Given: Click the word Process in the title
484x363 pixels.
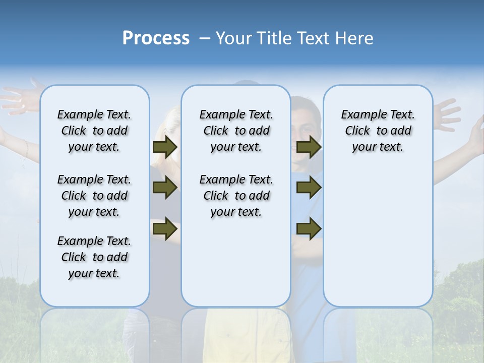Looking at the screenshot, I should [x=156, y=38].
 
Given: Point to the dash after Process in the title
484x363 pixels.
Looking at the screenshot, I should [x=205, y=39].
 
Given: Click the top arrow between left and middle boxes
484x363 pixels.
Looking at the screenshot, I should [x=165, y=147].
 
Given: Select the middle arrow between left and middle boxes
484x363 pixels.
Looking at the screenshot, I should [x=165, y=188].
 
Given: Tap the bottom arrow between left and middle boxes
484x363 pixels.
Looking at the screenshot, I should [x=165, y=229].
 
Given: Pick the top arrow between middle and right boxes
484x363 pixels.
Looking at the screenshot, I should [x=309, y=147].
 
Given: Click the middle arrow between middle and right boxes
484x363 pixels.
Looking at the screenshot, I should [x=309, y=188].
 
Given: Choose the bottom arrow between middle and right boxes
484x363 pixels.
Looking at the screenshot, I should [x=309, y=229].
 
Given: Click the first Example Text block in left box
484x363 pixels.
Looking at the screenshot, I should [x=94, y=131].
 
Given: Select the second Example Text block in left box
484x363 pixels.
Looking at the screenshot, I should [x=94, y=196].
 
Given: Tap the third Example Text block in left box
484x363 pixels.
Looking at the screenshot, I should [x=94, y=257].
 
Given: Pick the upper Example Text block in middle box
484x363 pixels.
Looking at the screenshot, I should [x=236, y=131].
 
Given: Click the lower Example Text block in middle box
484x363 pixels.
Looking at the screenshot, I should [x=236, y=196].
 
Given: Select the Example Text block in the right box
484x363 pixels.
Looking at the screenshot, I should [x=378, y=131].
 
